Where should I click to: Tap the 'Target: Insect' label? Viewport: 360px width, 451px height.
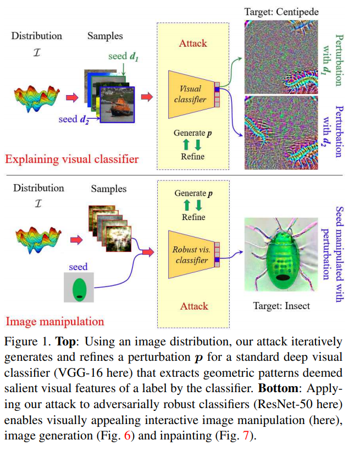tap(281, 306)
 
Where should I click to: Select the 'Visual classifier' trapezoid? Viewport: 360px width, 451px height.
tap(190, 94)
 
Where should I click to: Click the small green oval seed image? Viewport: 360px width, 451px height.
tap(79, 288)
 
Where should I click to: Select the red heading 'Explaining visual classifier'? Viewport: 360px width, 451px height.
tap(71, 159)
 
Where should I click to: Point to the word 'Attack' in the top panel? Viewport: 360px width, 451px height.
tap(192, 42)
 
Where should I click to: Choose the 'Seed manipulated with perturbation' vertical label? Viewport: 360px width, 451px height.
tap(335, 254)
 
